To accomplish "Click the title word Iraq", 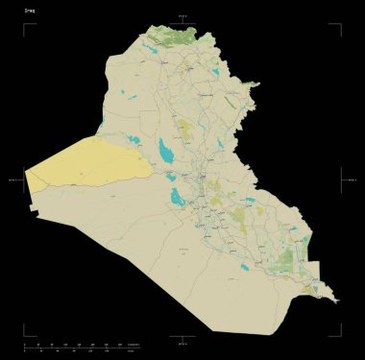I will coord(30,12).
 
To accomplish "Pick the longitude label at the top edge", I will coord(182,16).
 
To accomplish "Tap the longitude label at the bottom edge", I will coord(182,341).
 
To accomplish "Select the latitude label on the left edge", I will coord(13,180).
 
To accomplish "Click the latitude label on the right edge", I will coord(352,180).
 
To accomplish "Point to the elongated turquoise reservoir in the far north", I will coord(151,46).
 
